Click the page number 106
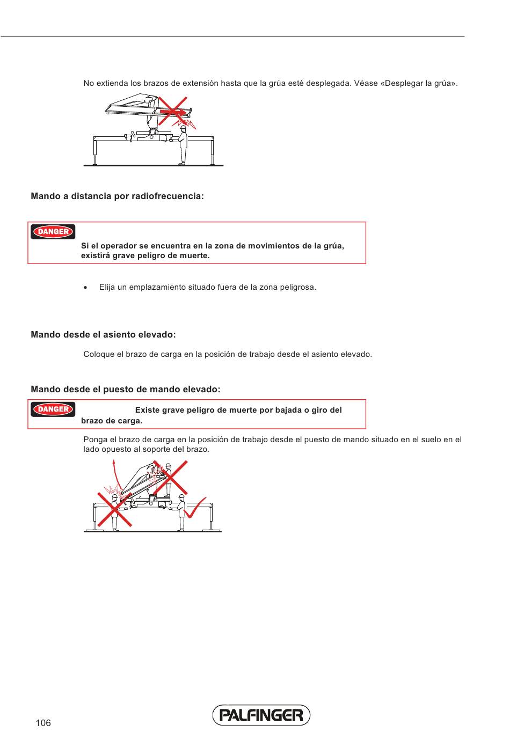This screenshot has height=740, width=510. coord(43,723)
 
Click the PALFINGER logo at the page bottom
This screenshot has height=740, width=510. coord(261,715)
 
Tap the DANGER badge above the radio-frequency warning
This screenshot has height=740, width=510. coord(53,232)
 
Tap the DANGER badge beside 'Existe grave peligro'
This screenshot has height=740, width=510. coord(53,409)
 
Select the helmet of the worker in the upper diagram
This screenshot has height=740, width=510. coord(183,128)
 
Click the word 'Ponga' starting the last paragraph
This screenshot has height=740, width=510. coord(96,439)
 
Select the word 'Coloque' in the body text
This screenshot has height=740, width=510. coord(99,354)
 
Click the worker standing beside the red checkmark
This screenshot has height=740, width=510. coord(181,512)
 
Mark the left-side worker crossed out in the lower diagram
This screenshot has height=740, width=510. coord(114,512)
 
